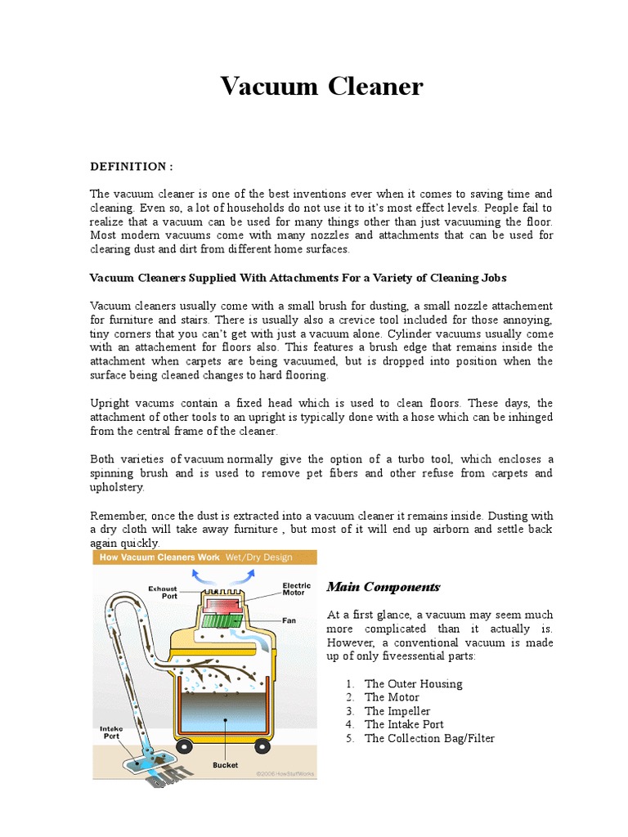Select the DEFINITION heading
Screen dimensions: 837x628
(x=132, y=167)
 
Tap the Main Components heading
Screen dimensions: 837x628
(x=384, y=587)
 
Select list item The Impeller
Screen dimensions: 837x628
(x=397, y=711)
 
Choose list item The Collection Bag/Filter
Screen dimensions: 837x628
(x=429, y=738)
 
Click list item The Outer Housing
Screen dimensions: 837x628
(x=413, y=683)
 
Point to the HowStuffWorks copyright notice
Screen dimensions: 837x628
(x=285, y=772)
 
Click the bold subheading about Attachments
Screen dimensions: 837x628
(x=303, y=277)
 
